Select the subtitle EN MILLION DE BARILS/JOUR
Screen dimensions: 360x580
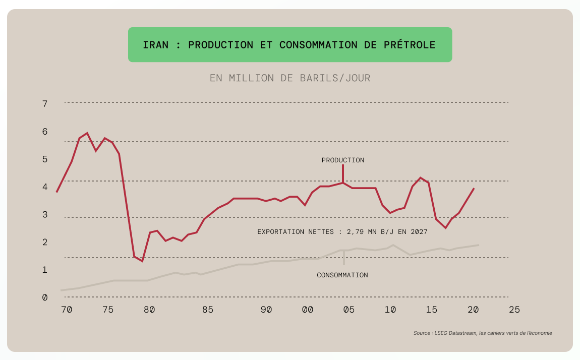290,78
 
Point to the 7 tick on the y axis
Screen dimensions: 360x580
45,104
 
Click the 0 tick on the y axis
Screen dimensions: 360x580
45,297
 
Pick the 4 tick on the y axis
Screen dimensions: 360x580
45,187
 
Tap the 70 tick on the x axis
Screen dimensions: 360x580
67,310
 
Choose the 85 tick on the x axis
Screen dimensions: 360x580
208,310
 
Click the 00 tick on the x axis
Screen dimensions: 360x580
307,310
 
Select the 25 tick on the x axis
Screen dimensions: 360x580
514,310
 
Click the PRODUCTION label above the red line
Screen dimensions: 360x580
343,160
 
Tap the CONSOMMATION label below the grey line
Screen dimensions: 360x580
342,275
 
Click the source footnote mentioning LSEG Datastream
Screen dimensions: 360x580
483,333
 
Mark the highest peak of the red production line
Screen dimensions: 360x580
87,133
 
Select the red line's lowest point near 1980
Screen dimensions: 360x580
142,261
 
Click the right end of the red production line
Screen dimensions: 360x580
474,188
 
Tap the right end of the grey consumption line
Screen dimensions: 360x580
478,245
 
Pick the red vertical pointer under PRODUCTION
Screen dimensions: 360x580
343,173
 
